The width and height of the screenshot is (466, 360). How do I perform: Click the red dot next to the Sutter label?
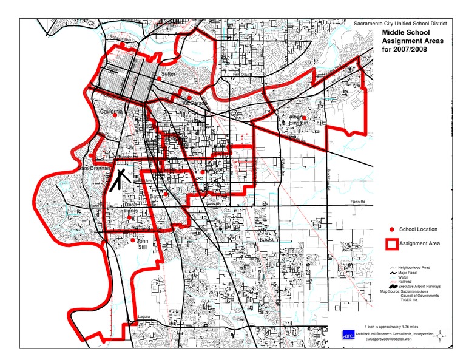(159, 79)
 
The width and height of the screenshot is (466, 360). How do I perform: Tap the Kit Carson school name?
(195, 104)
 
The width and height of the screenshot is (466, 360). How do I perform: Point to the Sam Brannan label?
(92, 168)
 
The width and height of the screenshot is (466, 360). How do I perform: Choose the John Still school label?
(142, 243)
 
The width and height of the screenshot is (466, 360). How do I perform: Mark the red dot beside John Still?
(133, 240)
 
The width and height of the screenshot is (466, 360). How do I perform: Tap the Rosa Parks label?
(132, 208)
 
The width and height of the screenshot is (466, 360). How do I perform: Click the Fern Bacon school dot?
(166, 194)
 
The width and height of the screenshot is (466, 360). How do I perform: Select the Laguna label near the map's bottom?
(143, 316)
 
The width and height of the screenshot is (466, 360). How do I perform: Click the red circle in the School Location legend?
(392, 229)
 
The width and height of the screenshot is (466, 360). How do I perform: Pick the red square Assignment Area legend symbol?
(392, 243)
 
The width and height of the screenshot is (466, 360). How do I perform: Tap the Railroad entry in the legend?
(406, 281)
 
